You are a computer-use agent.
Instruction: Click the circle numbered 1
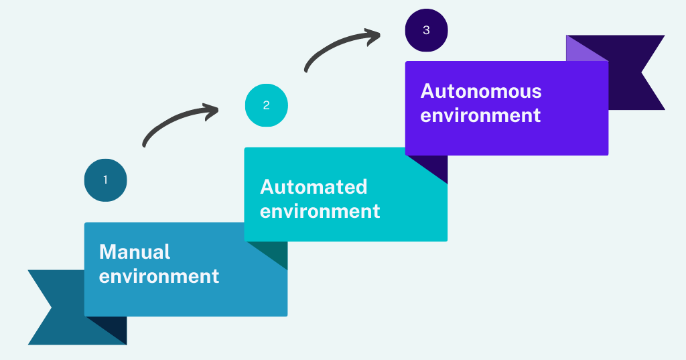point(105,180)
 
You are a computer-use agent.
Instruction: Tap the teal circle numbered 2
point(267,105)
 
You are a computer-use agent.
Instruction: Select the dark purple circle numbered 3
point(427,30)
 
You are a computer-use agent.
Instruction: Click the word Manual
point(135,252)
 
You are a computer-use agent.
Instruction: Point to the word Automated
point(314,187)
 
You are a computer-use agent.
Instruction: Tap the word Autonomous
point(481,91)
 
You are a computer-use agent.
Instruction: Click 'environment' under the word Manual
point(159,276)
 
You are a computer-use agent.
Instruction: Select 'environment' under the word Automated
point(320,211)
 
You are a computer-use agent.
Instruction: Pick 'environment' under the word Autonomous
point(480,115)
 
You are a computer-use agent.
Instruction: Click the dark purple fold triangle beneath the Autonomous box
point(435,166)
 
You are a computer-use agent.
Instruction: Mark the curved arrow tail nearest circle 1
point(145,143)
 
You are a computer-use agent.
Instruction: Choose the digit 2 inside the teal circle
point(267,105)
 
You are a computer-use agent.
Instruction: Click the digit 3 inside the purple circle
point(427,30)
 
